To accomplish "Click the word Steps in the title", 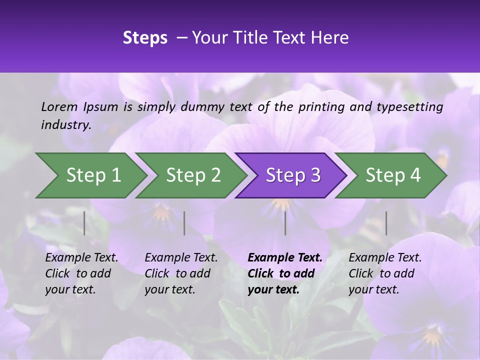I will coord(145,38).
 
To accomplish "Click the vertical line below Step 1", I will coord(84,223).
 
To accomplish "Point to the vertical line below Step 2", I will coord(184,223).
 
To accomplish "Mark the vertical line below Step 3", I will coord(285,223).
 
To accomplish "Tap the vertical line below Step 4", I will coord(386,223).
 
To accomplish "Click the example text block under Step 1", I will coord(81,273).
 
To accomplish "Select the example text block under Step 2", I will coord(181,273).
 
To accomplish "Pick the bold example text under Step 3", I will coord(285,273).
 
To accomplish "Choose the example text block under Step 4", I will coord(385,273).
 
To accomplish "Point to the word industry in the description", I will coord(65,125).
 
